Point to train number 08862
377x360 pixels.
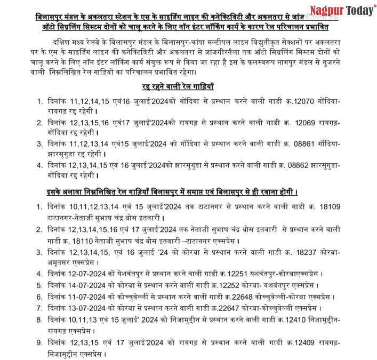[314, 165]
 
